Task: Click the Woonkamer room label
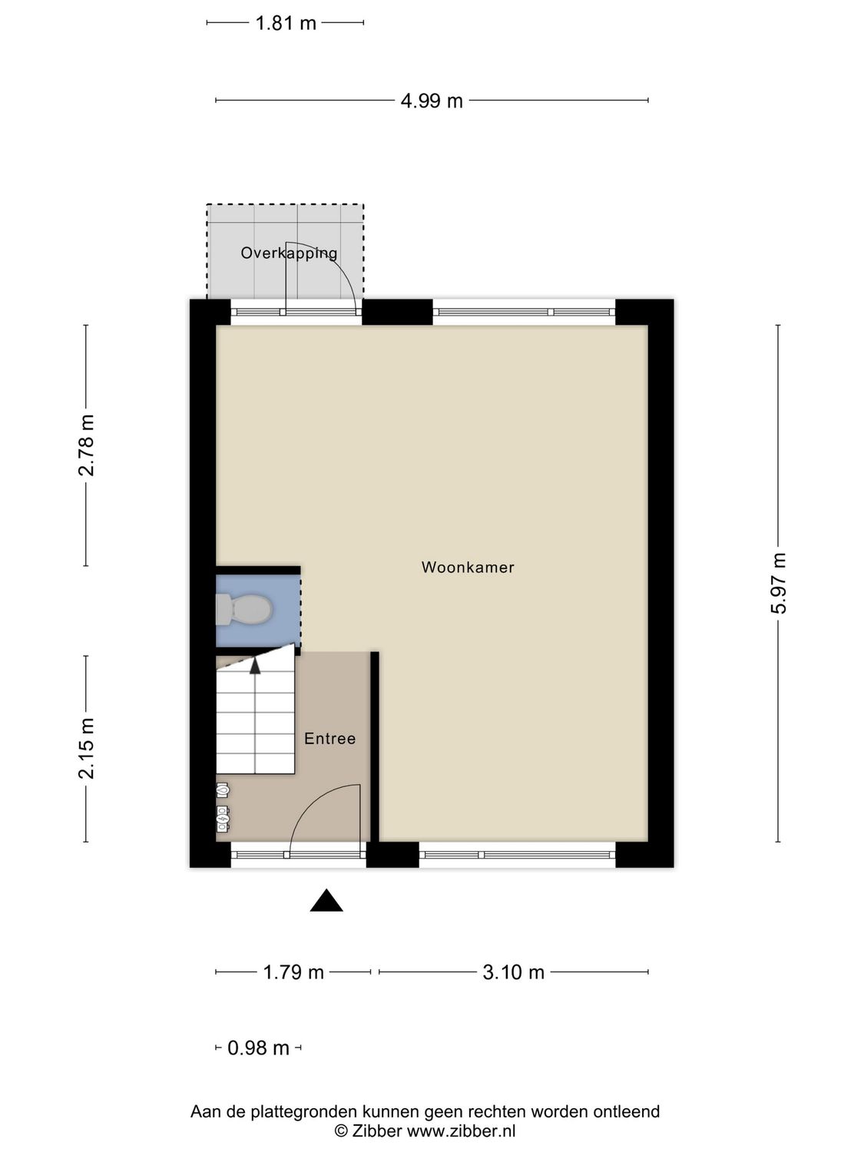click(x=468, y=568)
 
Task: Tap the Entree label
click(x=329, y=739)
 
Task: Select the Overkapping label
click(x=289, y=253)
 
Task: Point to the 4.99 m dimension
click(x=432, y=101)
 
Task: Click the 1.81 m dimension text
click(x=286, y=23)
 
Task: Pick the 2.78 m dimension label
click(x=86, y=445)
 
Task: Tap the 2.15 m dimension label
click(x=86, y=748)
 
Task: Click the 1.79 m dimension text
click(x=293, y=972)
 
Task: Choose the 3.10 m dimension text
click(x=513, y=972)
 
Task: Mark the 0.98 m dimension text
click(x=258, y=1048)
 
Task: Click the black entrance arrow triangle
click(x=326, y=901)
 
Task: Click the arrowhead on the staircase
click(x=255, y=665)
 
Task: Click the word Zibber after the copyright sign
click(x=377, y=1130)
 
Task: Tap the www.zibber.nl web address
click(x=461, y=1130)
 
